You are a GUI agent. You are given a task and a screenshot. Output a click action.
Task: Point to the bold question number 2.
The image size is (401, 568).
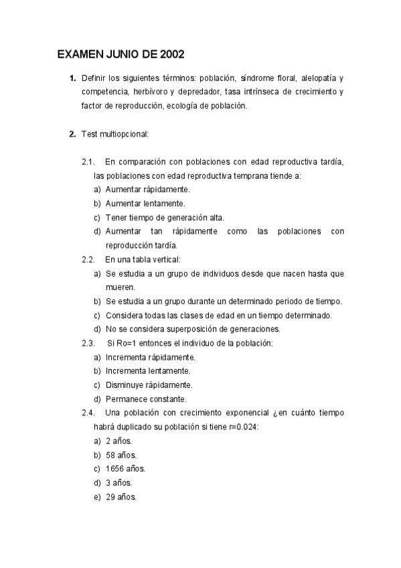click(x=72, y=134)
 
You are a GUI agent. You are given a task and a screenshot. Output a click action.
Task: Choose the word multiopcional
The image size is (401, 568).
click(x=124, y=134)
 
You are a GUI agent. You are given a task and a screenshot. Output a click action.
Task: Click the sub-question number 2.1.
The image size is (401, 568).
click(x=88, y=162)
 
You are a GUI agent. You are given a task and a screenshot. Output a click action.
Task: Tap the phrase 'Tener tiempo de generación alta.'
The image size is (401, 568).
click(x=165, y=218)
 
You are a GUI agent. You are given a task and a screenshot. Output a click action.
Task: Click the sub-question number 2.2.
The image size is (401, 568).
click(x=88, y=259)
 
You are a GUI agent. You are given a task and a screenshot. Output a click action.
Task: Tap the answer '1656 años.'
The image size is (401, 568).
click(x=125, y=468)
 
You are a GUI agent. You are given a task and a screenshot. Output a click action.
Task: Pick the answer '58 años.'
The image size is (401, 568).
click(x=121, y=454)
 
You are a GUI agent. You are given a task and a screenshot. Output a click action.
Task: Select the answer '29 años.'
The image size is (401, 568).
click(x=121, y=496)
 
